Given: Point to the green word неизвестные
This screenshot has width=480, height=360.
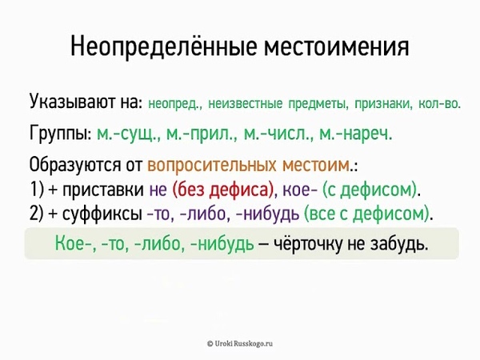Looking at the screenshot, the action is tap(246, 104).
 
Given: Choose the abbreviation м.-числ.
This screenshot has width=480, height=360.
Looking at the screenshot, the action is tap(278, 134).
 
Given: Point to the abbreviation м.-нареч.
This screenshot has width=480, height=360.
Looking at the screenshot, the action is tap(355, 134).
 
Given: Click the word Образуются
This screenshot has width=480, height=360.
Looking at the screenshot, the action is tap(75, 166).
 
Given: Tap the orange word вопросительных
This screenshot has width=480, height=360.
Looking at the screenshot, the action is tap(211, 166).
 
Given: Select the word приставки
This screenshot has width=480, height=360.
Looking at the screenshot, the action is tap(103, 190).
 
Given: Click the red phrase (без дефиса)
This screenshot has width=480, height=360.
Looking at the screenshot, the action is tap(223, 190).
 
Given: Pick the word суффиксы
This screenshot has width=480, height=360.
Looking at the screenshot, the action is tap(102, 214).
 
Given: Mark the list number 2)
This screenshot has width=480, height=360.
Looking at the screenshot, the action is tap(37, 214).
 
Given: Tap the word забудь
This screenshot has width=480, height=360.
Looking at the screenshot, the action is tap(399, 244).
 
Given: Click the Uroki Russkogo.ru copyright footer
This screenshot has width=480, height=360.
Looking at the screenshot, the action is tap(240, 343).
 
